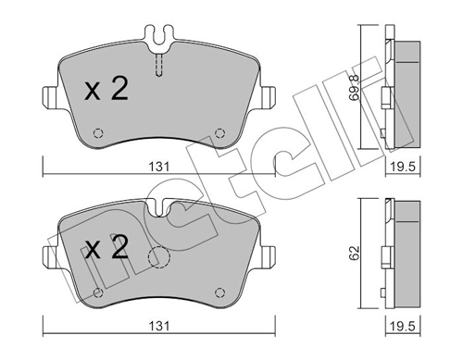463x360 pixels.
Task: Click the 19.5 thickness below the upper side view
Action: tap(399, 167)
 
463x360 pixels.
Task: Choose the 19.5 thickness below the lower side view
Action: tap(399, 327)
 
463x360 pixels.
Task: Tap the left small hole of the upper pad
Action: tap(97, 130)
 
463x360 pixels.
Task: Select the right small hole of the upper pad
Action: tap(219, 130)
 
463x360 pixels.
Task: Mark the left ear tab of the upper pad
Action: tap(48, 94)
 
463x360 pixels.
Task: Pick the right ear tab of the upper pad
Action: tap(269, 94)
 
